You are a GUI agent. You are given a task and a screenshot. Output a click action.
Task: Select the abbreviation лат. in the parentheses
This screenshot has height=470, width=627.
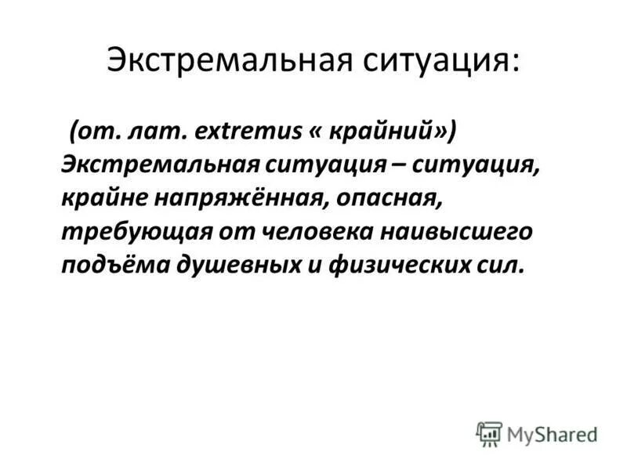point(162,132)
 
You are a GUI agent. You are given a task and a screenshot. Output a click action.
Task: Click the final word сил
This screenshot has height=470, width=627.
point(494,266)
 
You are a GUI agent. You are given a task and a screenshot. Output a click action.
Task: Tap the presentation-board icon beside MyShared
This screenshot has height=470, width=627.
point(489,434)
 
